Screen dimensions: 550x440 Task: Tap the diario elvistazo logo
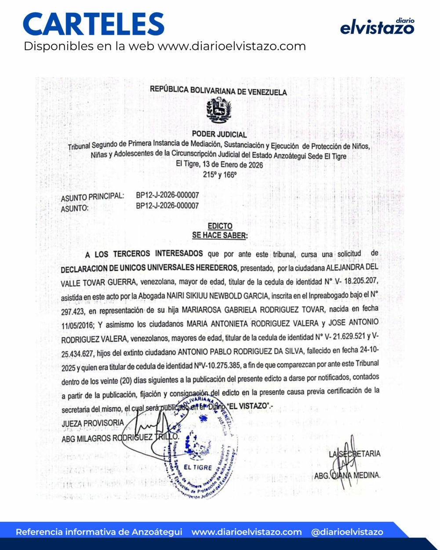377,27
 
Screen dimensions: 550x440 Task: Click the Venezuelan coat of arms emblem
219,110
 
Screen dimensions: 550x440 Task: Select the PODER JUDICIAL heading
219,134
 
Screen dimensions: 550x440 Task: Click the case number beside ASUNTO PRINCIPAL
167,195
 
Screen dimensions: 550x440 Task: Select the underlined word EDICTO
220,226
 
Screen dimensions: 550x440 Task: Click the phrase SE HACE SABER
219,236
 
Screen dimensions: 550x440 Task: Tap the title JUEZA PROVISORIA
93,423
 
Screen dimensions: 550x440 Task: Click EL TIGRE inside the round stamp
197,467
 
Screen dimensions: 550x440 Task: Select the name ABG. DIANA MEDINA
347,475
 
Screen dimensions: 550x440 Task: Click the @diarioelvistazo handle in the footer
347,532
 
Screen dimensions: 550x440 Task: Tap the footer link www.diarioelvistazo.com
247,532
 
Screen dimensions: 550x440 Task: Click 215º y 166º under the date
219,175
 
